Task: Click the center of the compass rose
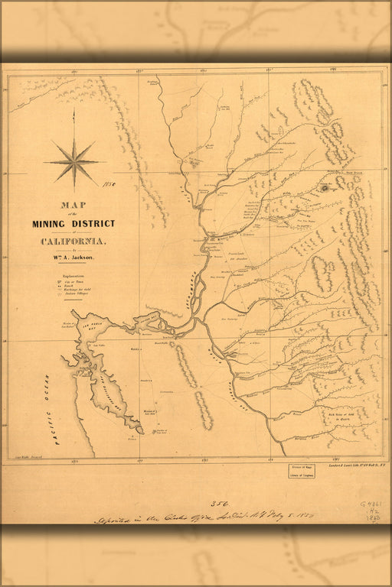pyautogui.click(x=75, y=161)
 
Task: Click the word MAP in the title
pyautogui.click(x=74, y=205)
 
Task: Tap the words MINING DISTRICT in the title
pyautogui.click(x=73, y=224)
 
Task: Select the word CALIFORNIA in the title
pyautogui.click(x=74, y=242)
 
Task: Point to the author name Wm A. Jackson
pyautogui.click(x=75, y=258)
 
